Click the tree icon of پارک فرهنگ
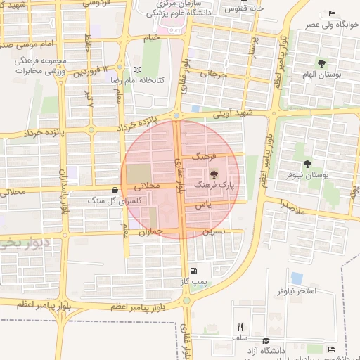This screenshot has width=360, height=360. tap(214, 172)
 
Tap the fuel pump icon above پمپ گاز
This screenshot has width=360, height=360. tap(193, 271)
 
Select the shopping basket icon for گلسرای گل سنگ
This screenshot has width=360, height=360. tap(115, 190)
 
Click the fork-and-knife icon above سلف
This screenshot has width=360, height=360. tap(240, 327)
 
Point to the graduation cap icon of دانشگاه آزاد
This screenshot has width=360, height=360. tap(265, 340)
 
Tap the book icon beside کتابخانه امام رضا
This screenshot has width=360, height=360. tap(137, 70)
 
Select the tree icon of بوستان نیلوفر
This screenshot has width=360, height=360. tap(307, 164)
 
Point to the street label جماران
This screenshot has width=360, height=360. tap(151, 232)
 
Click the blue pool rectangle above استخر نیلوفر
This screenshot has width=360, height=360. tap(297, 278)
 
